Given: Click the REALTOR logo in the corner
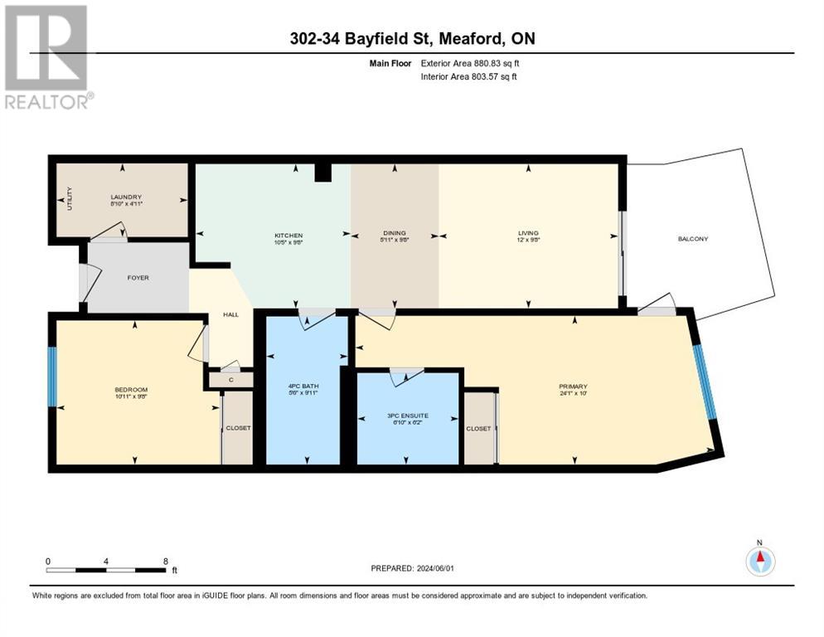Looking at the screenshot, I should (47, 56).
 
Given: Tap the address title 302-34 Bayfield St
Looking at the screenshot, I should (412, 38).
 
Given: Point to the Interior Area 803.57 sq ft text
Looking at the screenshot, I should (473, 77).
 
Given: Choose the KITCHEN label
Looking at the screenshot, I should (288, 235).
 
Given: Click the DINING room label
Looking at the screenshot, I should (395, 234).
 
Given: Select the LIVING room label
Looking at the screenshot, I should (528, 234).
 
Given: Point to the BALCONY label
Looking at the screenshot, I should (692, 239).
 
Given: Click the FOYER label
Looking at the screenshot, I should (138, 278).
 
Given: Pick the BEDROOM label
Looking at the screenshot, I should (131, 390).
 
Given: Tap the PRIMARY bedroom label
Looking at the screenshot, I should (573, 387).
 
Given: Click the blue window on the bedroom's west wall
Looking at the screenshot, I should (52, 377).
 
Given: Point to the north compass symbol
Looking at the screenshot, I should (759, 561).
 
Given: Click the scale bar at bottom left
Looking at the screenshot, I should (106, 570).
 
